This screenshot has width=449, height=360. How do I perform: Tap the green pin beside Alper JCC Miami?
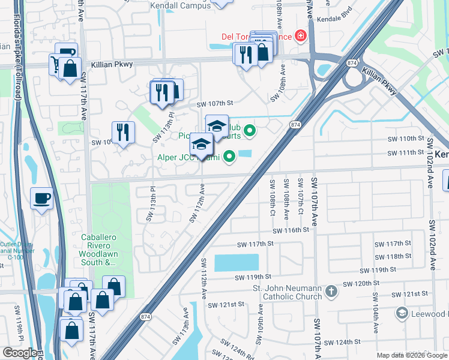point(229,158)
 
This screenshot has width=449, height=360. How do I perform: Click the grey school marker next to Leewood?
point(402,313)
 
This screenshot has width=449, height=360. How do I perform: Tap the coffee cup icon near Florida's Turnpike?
point(41,199)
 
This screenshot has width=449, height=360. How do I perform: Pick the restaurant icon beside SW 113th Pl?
point(123,131)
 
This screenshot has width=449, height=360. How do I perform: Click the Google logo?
point(20,353)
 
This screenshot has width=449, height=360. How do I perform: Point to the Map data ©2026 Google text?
point(412,355)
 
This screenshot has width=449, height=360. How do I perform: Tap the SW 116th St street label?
point(291,230)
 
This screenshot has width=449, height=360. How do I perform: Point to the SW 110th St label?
point(403,139)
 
